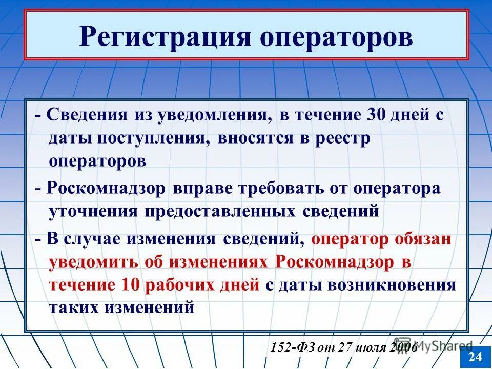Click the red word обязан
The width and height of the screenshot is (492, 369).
tap(423, 239)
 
